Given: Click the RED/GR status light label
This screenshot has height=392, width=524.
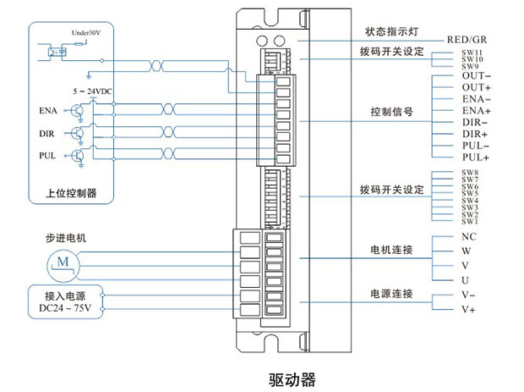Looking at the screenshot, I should (466, 40).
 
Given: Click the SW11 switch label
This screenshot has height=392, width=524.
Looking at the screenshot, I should (471, 52).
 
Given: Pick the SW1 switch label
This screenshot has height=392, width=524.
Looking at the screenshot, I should (470, 221).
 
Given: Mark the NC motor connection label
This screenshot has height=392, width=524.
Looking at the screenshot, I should (469, 237).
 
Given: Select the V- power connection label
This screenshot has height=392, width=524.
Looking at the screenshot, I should (470, 295).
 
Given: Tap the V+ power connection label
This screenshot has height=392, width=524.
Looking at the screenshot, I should (470, 310).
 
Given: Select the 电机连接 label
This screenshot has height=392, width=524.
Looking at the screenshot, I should (391, 251).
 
